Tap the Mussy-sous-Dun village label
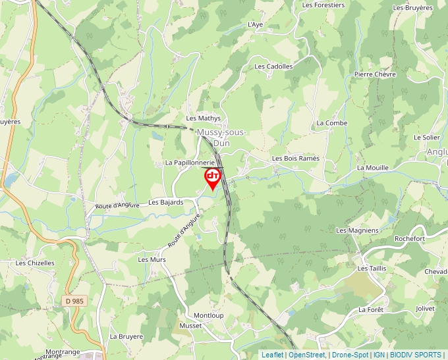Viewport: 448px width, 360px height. point(221,137)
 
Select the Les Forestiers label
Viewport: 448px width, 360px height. point(323,5)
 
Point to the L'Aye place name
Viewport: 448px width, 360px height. point(255,24)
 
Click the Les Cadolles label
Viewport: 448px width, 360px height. point(273,66)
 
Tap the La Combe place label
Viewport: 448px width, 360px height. point(331,123)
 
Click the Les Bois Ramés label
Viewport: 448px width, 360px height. point(295,159)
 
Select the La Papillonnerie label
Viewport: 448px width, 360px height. point(190,163)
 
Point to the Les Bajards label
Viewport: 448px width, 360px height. point(165,202)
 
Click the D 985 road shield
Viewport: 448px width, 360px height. point(76,301)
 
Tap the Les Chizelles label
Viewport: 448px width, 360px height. point(35,263)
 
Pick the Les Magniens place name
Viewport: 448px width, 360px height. point(357,230)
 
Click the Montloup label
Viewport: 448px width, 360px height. point(208,315)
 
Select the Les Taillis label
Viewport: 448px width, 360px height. point(371,269)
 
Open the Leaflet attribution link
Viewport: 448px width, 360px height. point(272,355)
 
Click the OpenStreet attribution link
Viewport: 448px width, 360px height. point(306,355)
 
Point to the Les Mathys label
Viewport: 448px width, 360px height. point(203,118)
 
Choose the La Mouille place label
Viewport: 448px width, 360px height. point(372,168)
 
